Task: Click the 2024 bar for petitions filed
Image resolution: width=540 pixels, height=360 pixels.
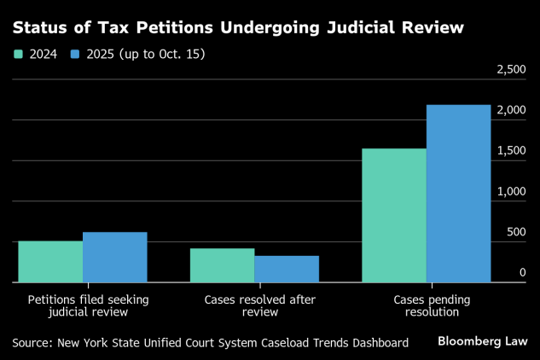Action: coord(50,261)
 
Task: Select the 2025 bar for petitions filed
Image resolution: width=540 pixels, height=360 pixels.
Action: coord(114,257)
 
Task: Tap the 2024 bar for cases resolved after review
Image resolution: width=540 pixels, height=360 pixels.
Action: coord(222,264)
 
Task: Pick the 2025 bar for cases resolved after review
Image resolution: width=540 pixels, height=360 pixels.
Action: coord(287,269)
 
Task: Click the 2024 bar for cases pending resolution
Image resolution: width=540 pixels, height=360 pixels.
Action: coord(394,215)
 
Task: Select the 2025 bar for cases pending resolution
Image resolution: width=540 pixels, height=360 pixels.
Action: coord(458,193)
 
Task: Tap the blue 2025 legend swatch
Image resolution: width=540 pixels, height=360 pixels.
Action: coord(75,54)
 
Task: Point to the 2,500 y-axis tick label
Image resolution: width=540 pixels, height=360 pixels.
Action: coord(511,69)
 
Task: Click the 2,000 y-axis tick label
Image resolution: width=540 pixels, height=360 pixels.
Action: coord(511,110)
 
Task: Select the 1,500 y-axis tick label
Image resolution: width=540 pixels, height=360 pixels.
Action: coord(511,150)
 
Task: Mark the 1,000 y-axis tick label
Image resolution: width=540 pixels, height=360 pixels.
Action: coord(511,191)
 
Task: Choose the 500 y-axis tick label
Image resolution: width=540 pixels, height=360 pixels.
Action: coord(516,232)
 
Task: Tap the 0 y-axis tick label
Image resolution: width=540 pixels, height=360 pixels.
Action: coord(522,272)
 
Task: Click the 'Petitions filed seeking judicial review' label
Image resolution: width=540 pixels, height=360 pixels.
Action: coord(83,306)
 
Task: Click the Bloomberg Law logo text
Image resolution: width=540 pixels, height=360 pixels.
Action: coord(483,341)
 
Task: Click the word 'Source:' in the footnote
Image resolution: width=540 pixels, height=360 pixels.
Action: coord(32,342)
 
